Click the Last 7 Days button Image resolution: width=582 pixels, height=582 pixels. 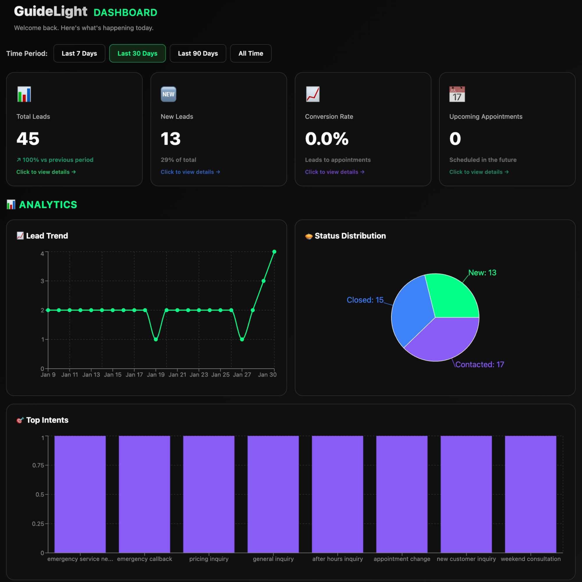79,53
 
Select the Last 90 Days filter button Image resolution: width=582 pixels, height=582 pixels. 198,53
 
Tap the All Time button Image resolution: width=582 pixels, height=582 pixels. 251,53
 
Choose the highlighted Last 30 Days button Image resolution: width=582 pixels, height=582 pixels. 137,53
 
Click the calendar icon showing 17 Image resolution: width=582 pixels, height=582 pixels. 457,94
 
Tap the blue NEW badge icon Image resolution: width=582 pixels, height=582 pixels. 168,94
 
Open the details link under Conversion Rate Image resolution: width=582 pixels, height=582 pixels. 334,172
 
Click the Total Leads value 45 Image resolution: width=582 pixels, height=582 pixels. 28,139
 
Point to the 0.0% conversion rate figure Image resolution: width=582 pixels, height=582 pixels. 327,139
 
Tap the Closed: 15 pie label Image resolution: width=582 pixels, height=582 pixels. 365,300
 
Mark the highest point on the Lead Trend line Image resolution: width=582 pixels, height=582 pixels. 274,252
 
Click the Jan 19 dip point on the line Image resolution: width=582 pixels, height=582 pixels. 156,340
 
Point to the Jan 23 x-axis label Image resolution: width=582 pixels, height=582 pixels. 199,375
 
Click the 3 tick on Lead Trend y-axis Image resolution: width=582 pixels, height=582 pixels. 42,281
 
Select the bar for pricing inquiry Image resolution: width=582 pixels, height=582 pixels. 209,494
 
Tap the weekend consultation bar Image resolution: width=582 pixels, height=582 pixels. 530,494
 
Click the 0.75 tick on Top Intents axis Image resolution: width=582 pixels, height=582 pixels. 38,465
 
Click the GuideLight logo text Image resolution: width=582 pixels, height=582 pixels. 51,11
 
